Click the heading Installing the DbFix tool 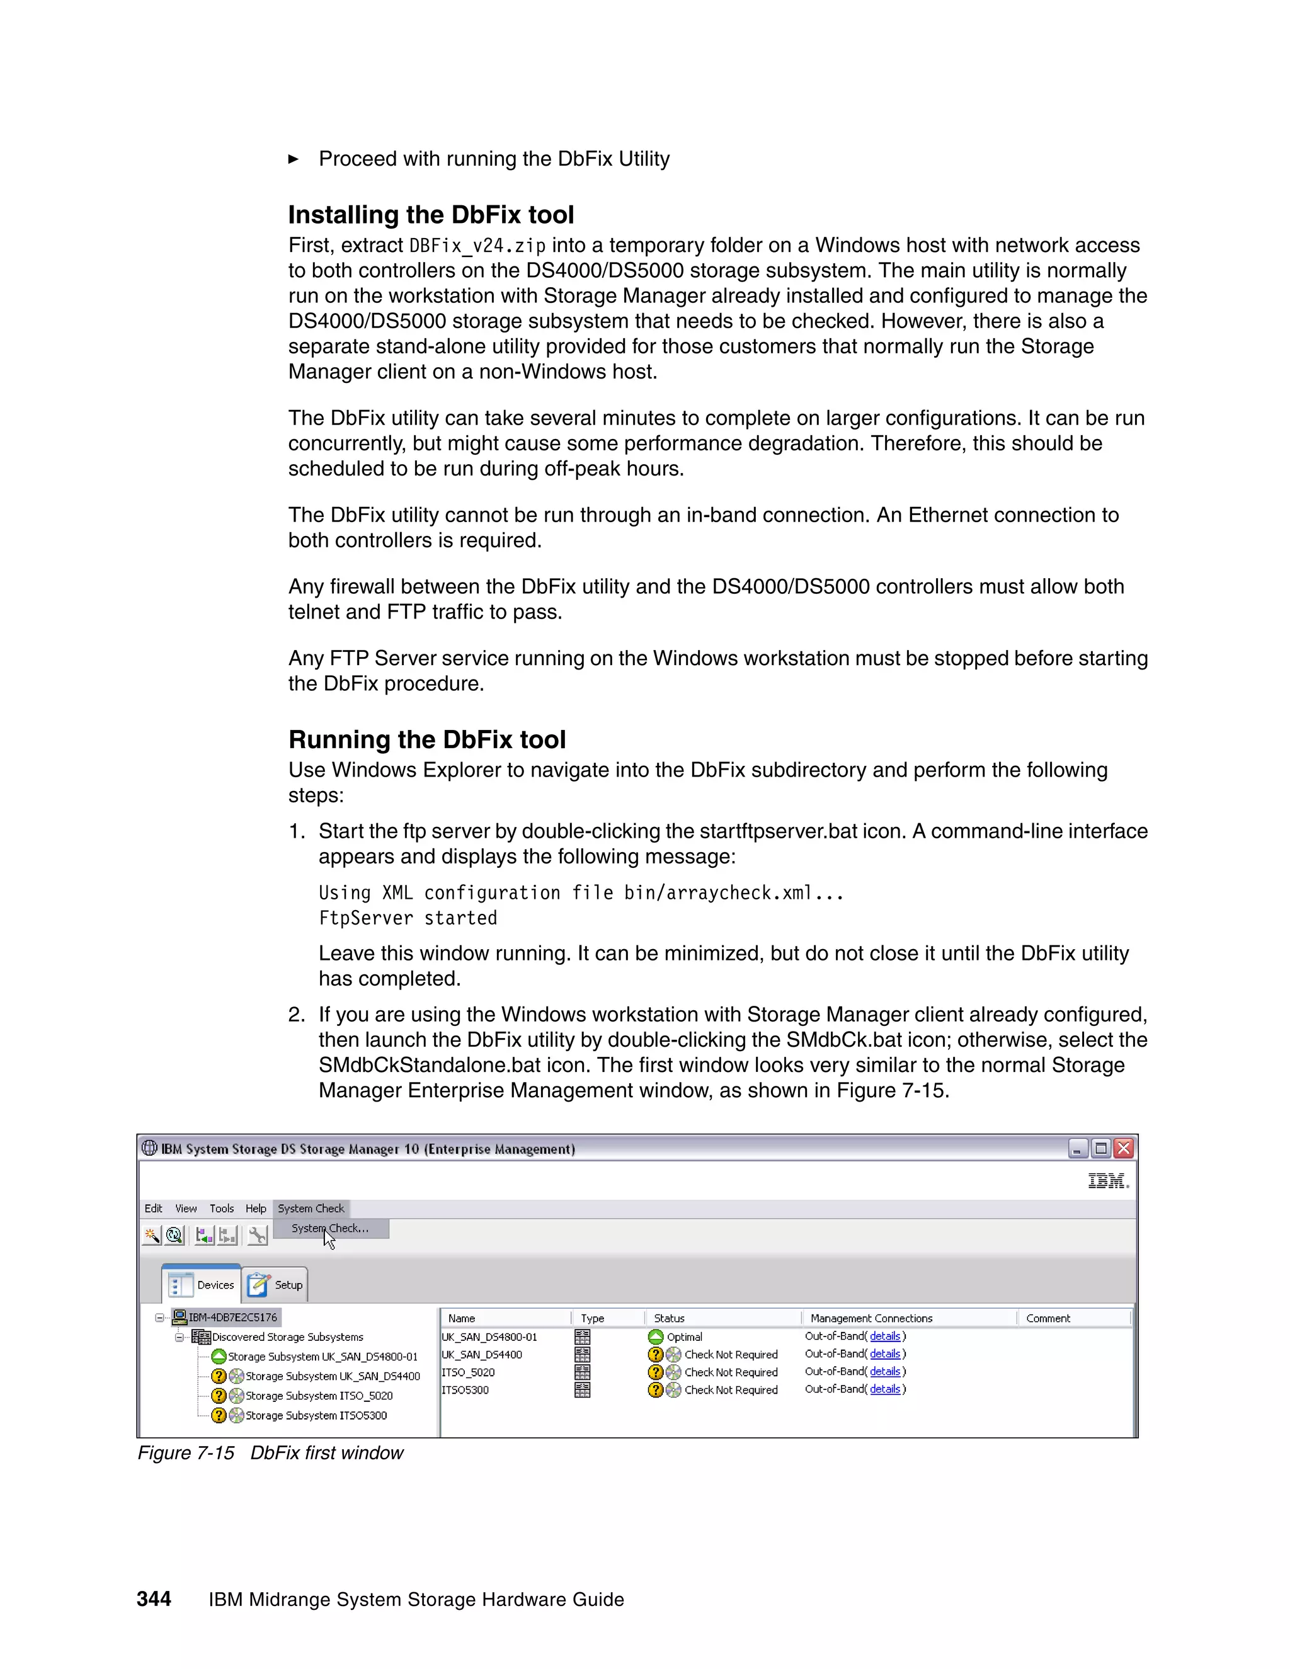[430, 215]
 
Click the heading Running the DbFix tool [426, 740]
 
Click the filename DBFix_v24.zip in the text [477, 246]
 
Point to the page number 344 [154, 1598]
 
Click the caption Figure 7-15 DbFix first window [270, 1453]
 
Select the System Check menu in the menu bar [311, 1208]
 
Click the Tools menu [222, 1208]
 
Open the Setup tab [276, 1285]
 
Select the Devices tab [202, 1285]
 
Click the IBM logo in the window [1107, 1182]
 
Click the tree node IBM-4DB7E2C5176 [232, 1317]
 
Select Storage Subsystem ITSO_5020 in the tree [319, 1396]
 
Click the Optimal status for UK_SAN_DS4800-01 [684, 1336]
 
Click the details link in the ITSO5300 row [884, 1389]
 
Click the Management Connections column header [871, 1318]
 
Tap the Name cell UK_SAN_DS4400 [481, 1354]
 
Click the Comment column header [1047, 1318]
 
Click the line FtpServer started [408, 918]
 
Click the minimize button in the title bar [1076, 1148]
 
